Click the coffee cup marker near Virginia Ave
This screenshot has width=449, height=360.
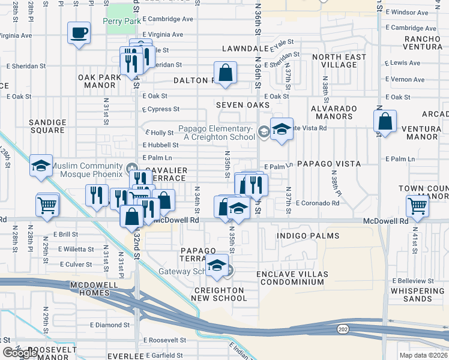pyautogui.click(x=78, y=33)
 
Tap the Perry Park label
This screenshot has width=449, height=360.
pyautogui.click(x=122, y=21)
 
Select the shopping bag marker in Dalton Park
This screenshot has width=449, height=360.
pyautogui.click(x=224, y=73)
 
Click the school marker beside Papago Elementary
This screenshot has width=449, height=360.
pyautogui.click(x=281, y=129)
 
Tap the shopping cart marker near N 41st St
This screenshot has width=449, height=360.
pyautogui.click(x=417, y=206)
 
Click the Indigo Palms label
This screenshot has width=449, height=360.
pyautogui.click(x=308, y=236)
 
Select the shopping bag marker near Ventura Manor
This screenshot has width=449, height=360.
pyautogui.click(x=385, y=122)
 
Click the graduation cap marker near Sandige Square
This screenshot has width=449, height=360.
pyautogui.click(x=41, y=167)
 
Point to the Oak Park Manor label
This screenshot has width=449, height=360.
pyautogui.click(x=100, y=81)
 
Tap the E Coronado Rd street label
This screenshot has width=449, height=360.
pyautogui.click(x=317, y=203)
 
